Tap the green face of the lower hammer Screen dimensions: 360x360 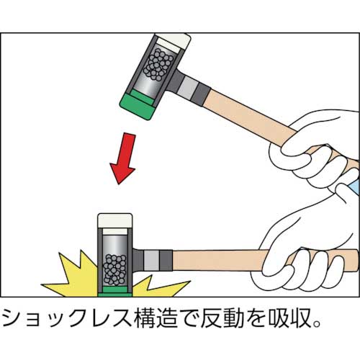pyautogui.click(x=113, y=291)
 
